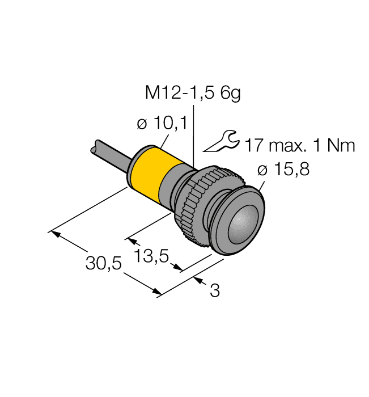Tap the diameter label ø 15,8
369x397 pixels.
(x=283, y=170)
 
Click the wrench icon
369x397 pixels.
(x=221, y=141)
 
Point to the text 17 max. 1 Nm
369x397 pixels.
(x=299, y=146)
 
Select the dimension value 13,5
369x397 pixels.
(x=152, y=257)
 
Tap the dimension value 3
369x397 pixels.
(x=214, y=291)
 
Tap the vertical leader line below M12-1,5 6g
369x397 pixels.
(x=194, y=136)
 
